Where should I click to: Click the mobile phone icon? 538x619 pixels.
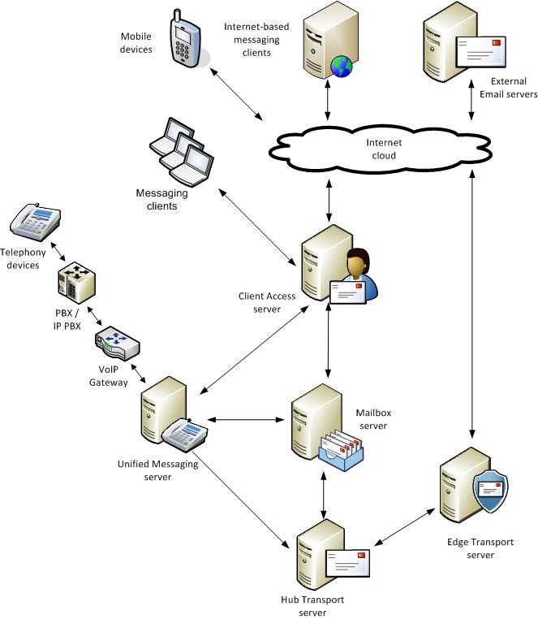point(185,40)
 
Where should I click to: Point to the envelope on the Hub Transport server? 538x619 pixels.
point(347,561)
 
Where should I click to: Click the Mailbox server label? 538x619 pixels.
point(372,419)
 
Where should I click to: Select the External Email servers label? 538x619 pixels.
point(509,88)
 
